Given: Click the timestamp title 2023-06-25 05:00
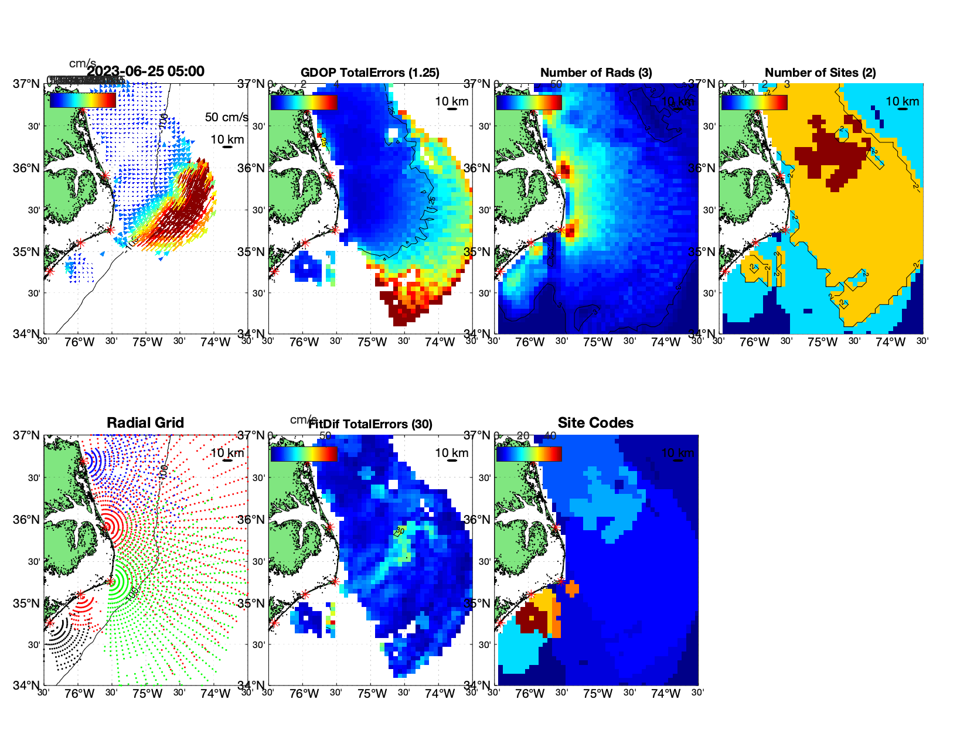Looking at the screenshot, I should (145, 71).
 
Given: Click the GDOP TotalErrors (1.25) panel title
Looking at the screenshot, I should (370, 73).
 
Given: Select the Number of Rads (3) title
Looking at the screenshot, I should (595, 73).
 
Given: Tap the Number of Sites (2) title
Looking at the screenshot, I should (820, 73).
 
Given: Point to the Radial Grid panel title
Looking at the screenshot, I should (145, 423).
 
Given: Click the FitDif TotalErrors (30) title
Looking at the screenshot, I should (371, 424).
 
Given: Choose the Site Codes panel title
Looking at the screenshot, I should (595, 423).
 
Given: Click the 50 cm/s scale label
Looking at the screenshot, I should (226, 117).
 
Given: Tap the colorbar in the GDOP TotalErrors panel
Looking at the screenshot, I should (304, 102).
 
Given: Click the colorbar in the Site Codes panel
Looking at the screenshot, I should (529, 453).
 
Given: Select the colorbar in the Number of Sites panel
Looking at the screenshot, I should (754, 102).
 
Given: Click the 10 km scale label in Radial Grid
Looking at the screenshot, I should (227, 453).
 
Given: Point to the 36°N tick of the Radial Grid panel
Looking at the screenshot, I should (27, 520).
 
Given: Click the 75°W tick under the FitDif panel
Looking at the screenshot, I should (372, 694).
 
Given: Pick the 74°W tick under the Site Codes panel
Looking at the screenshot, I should (665, 694).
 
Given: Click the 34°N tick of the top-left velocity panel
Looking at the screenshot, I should (27, 334).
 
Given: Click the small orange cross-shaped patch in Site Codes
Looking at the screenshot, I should (572, 588).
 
